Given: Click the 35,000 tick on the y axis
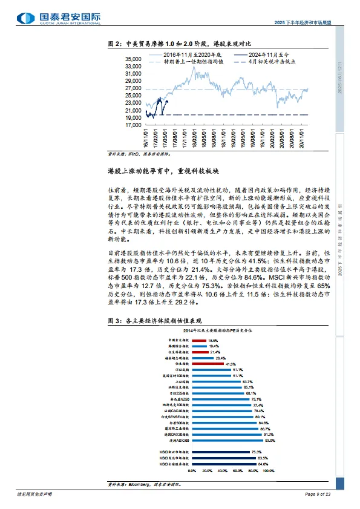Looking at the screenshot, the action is tap(133, 59).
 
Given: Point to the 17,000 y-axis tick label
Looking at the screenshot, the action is tap(133, 125).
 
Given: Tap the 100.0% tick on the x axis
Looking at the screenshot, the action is tap(268, 470).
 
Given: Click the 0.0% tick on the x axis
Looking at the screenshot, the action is tap(192, 470).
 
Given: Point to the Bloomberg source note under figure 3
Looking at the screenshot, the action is tap(145, 484).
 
